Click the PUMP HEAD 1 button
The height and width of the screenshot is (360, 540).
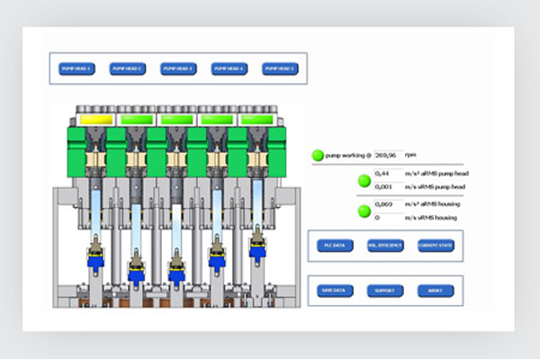pos(76,68)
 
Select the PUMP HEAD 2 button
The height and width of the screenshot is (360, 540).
pos(127,68)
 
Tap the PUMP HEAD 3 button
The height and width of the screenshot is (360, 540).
pos(178,68)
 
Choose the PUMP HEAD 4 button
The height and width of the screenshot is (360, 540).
pos(229,68)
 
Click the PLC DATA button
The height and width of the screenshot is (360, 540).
pos(334,246)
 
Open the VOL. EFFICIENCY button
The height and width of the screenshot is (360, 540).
pos(385,246)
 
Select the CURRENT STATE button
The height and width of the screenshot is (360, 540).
pos(436,246)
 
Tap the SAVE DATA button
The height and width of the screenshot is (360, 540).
pos(334,291)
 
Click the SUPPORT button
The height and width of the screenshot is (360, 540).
pos(385,291)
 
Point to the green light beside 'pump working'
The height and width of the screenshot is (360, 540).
pos(318,155)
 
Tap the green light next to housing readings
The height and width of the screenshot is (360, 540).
pos(364,211)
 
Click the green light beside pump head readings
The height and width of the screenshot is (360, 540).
pos(364,180)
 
